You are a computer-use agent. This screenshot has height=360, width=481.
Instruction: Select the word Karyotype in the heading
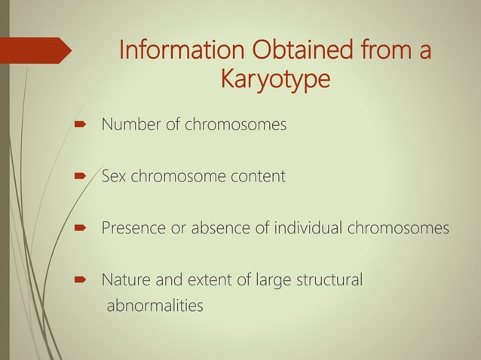pos(274,78)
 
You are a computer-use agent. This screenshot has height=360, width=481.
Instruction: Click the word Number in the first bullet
pos(130,124)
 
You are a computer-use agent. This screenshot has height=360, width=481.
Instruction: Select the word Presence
pos(132,228)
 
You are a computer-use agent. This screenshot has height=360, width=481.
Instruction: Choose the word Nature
pos(126,280)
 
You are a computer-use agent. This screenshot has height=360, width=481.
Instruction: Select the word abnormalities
pos(154,306)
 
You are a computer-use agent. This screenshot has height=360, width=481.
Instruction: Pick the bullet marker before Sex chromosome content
pos(79,178)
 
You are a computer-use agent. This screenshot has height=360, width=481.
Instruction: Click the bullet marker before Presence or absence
pos(79,229)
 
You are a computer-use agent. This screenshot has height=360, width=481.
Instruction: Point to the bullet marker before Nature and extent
pos(79,281)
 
